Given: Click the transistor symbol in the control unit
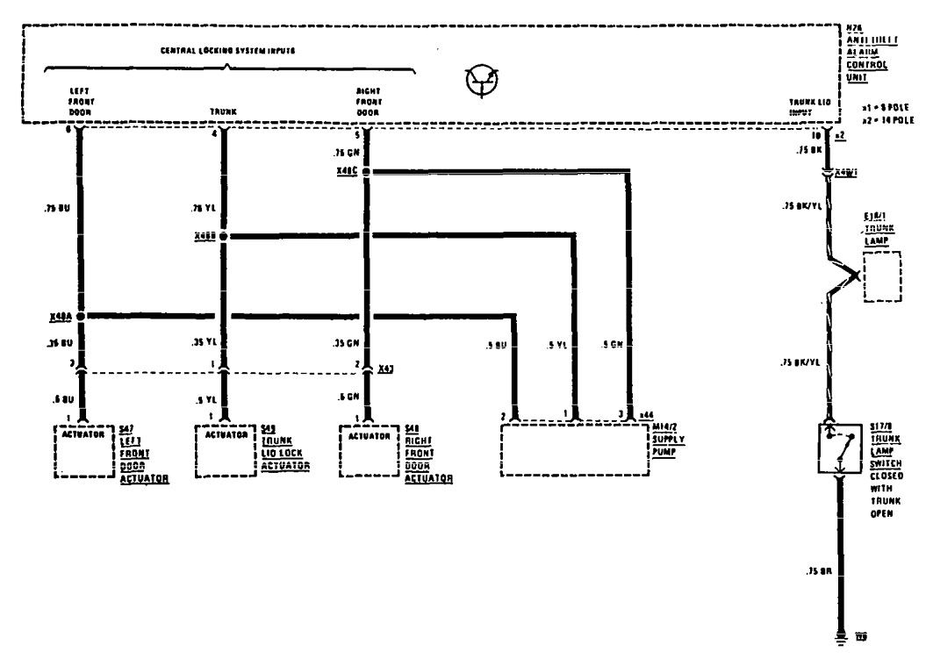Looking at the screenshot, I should tap(480, 78).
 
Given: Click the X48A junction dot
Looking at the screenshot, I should tap(81, 315).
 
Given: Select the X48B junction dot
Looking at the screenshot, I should tap(224, 237).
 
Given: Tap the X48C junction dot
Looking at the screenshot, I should tap(367, 172).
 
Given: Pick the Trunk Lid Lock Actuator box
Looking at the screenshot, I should tap(226, 451).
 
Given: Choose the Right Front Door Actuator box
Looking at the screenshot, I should tap(369, 451).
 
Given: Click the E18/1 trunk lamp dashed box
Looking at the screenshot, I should tap(883, 277).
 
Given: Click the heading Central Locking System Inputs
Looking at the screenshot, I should tap(227, 51).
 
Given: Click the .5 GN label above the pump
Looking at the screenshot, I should tap(612, 344).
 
